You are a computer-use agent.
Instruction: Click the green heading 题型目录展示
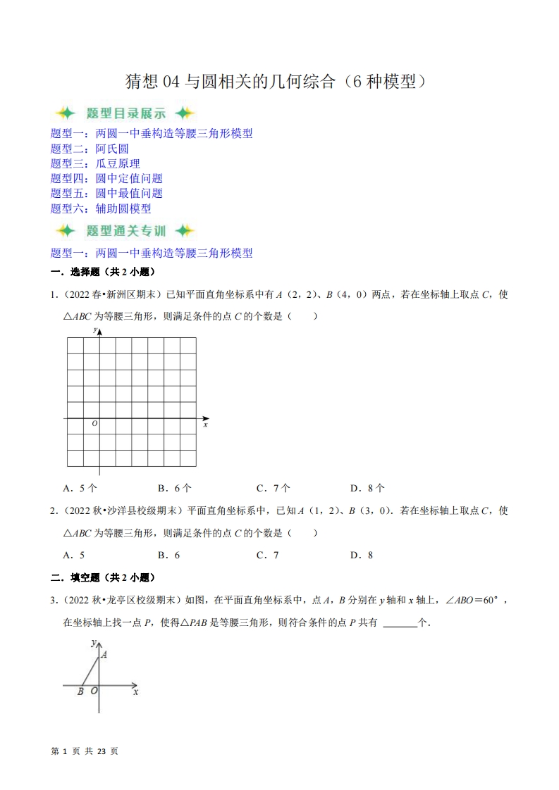[125, 113]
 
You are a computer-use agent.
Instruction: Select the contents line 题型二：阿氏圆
[90, 149]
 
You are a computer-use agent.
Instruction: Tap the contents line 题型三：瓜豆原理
[95, 163]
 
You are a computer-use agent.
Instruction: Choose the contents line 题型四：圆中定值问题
[106, 178]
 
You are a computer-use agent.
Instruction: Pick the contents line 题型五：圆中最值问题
[106, 193]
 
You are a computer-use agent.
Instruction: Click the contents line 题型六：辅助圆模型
[101, 208]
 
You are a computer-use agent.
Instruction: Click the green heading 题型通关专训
[125, 231]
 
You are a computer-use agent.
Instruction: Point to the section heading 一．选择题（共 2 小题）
[102, 272]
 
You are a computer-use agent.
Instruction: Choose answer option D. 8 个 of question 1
[367, 488]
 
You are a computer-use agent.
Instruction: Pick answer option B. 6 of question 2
[168, 555]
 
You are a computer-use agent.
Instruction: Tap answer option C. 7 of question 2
[267, 555]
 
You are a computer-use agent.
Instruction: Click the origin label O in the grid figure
[94, 424]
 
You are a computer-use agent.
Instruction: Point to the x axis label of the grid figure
[205, 425]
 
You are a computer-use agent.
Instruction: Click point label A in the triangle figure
[104, 655]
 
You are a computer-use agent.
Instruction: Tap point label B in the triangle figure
[80, 692]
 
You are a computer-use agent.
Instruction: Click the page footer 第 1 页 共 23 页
[85, 751]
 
